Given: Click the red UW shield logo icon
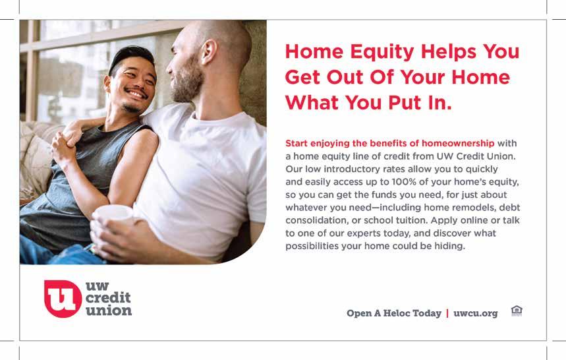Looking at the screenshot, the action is [x=63, y=299].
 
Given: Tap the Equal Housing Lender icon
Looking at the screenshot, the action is [x=517, y=311].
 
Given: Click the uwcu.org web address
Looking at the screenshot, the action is [x=475, y=313].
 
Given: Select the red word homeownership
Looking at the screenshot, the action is [x=458, y=143].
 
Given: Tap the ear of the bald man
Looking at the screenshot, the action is [x=209, y=51].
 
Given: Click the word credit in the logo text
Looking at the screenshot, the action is [x=108, y=298].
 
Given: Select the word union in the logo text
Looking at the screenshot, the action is [x=109, y=311].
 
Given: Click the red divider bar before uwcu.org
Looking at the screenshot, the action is [x=447, y=313].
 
